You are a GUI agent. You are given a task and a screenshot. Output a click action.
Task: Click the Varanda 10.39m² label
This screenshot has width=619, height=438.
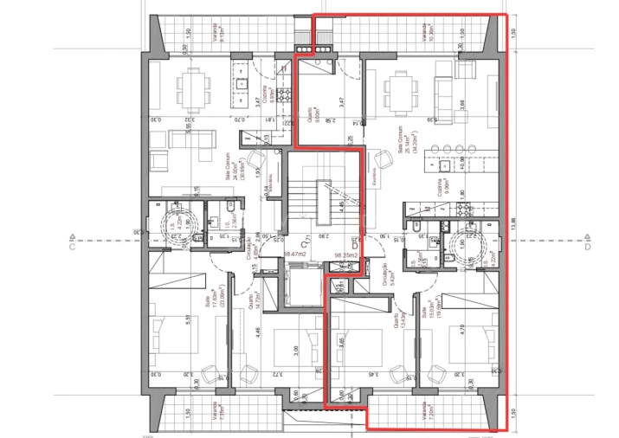point(429,32)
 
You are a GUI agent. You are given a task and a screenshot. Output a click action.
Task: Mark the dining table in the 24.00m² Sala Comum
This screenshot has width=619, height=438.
point(193,87)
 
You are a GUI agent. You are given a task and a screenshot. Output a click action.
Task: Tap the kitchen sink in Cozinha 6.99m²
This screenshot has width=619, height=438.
point(241,84)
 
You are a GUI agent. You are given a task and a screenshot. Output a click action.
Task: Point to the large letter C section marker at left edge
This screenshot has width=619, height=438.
point(73,246)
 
